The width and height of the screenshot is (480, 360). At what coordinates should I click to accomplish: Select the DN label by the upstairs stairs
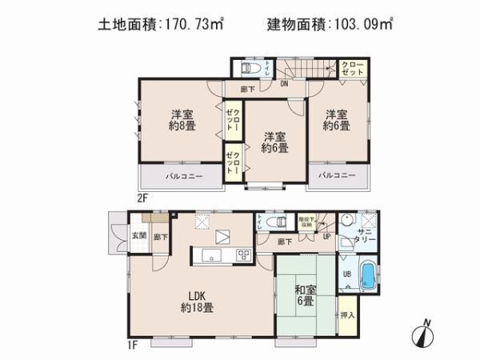pyautogui.click(x=284, y=82)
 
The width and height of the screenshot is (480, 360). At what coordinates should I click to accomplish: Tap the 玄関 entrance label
pyautogui.click(x=138, y=236)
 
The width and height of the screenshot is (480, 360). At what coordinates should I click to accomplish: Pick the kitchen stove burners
pyautogui.click(x=243, y=255)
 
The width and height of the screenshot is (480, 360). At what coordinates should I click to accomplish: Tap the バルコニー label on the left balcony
pyautogui.click(x=183, y=175)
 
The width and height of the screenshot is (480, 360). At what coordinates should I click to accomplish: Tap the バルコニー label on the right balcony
pyautogui.click(x=336, y=174)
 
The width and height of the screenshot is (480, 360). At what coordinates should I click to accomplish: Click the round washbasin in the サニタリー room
pyautogui.click(x=347, y=222)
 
